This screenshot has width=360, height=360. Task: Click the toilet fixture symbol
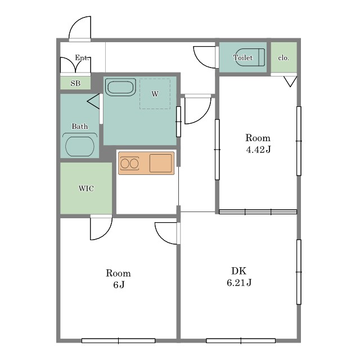(250, 57)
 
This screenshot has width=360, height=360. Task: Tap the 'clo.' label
(283, 58)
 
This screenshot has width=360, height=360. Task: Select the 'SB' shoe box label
(75, 83)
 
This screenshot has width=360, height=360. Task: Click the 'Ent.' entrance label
(82, 57)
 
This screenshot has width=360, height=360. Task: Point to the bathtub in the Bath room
(80, 146)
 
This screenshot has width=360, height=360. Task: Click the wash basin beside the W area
(120, 87)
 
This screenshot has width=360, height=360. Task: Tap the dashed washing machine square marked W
(155, 94)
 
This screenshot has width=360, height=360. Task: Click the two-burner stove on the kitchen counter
(130, 164)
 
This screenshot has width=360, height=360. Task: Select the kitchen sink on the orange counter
(160, 163)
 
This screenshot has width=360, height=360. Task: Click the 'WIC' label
(86, 188)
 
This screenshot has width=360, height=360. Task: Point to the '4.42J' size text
(258, 150)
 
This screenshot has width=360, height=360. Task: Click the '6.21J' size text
(239, 282)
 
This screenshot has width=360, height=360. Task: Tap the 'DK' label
(238, 271)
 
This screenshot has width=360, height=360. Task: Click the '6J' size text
(119, 285)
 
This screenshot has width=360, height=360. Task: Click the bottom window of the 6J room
(119, 341)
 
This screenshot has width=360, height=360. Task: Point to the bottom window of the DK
(241, 341)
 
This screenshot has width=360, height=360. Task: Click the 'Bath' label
(80, 126)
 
